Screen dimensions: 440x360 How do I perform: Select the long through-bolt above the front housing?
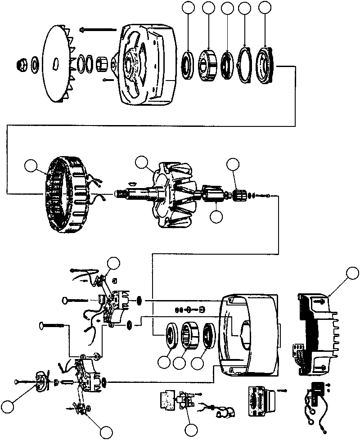[x=97, y=31]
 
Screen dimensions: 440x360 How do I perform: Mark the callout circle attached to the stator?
[x=31, y=166]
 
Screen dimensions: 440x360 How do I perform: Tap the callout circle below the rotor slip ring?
[x=216, y=216]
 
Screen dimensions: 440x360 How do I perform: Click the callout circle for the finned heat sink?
[x=353, y=273]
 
